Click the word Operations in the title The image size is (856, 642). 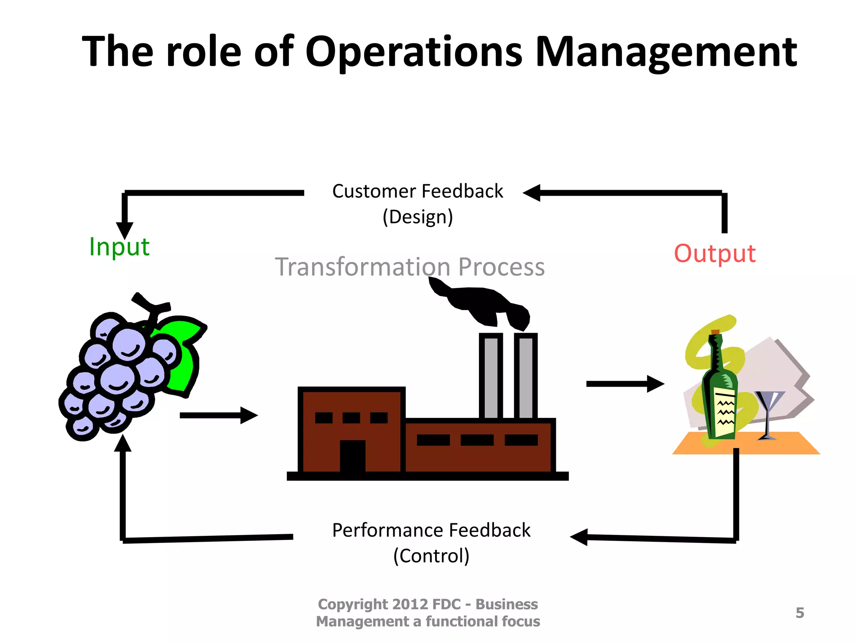[414, 52]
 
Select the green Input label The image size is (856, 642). [119, 247]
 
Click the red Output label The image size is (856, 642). [715, 253]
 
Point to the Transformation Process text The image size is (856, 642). [410, 267]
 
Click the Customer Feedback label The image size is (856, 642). [418, 191]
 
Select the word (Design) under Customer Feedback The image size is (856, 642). [418, 217]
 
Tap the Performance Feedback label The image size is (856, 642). [431, 530]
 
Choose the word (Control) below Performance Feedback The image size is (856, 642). [431, 556]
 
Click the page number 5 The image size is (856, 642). [800, 613]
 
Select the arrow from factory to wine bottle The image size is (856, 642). [624, 384]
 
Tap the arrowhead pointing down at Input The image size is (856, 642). [125, 230]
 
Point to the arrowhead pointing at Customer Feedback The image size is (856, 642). [532, 193]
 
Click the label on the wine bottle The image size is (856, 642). [725, 412]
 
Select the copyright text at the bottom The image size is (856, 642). [428, 613]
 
